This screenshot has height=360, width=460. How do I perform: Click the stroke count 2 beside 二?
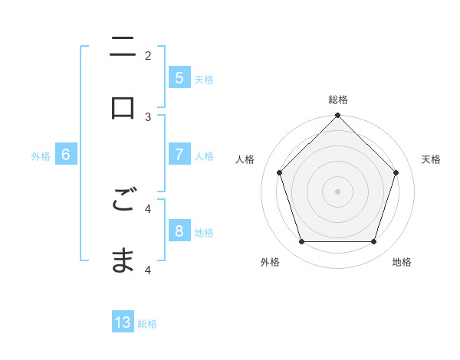click(148, 55)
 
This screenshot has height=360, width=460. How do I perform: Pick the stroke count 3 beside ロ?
click(148, 116)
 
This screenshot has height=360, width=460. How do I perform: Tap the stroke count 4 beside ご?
click(148, 208)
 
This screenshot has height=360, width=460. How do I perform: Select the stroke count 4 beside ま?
click(148, 269)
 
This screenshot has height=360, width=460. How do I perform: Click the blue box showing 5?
click(179, 77)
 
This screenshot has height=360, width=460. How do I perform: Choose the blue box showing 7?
click(179, 155)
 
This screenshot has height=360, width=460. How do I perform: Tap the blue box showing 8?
click(179, 231)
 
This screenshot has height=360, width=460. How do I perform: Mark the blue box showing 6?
click(66, 155)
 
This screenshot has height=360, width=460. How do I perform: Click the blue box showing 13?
click(123, 322)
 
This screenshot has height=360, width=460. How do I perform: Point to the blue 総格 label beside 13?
click(147, 324)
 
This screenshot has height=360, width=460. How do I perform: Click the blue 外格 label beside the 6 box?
click(41, 156)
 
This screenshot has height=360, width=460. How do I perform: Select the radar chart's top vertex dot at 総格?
click(337, 116)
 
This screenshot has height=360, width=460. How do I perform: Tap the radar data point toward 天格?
click(396, 172)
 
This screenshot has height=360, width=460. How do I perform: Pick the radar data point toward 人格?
click(279, 172)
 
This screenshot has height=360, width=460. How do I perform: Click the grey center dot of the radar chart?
click(337, 191)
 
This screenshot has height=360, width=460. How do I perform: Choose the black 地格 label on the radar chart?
click(402, 262)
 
